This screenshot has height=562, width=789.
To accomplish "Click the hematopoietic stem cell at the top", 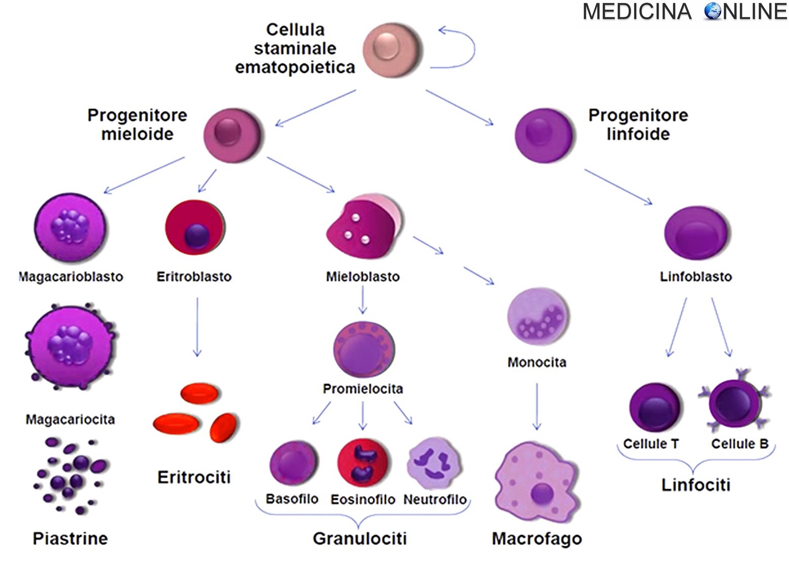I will click(x=392, y=49).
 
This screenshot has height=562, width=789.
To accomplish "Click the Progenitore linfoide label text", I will click(x=638, y=124).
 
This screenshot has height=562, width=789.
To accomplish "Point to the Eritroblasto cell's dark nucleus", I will click(x=197, y=236).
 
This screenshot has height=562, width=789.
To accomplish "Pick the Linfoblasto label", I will click(x=695, y=277).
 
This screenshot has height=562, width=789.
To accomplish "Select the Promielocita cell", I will click(x=363, y=350).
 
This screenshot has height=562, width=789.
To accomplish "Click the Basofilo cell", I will click(x=293, y=463).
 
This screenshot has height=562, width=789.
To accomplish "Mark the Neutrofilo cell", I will click(x=434, y=463).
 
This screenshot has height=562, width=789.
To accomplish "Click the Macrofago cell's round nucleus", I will click(x=542, y=493).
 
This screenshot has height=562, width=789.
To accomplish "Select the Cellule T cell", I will click(x=654, y=408).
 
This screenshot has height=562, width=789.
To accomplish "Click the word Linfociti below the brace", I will click(x=695, y=485).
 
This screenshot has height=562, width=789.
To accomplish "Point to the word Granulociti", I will click(x=360, y=538).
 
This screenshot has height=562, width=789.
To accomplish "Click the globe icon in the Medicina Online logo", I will click(x=713, y=11).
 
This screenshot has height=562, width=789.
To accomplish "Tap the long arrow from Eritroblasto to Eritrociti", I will click(x=197, y=326).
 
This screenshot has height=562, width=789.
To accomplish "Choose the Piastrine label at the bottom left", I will click(x=70, y=538).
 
